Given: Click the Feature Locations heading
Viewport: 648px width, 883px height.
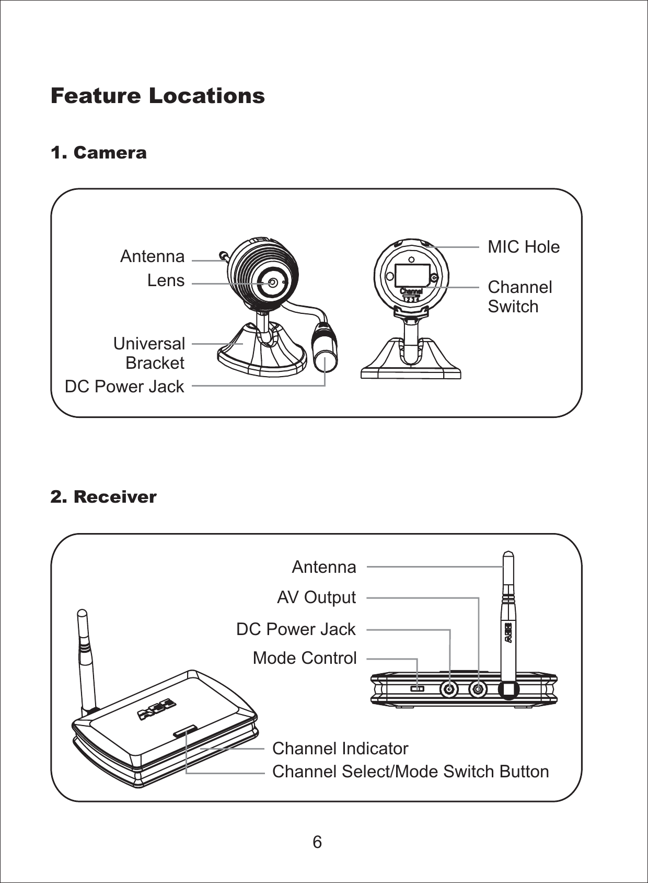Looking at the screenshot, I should click(157, 96).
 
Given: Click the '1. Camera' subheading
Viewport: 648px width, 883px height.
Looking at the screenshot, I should click(98, 153).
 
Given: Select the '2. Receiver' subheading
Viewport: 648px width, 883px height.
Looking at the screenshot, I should click(103, 496).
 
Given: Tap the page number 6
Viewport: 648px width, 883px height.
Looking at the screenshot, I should click(317, 842).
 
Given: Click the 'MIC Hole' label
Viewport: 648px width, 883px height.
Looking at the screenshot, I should click(523, 246).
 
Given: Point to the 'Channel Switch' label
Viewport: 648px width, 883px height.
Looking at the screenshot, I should click(519, 296).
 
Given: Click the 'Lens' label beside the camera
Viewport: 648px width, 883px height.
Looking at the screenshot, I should click(166, 280).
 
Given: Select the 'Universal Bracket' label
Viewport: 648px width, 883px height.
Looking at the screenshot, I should click(150, 353).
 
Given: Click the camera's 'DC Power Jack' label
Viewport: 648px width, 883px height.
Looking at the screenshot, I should click(124, 386).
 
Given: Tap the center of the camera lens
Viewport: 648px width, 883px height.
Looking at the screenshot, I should click(273, 282).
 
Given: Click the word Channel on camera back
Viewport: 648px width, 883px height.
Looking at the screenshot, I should click(411, 291).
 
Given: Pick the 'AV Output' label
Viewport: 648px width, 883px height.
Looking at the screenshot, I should click(316, 597).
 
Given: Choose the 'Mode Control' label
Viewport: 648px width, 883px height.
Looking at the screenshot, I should click(305, 658).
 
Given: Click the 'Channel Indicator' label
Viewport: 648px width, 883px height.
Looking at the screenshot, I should click(340, 748).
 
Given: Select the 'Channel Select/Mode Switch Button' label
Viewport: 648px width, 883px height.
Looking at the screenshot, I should click(410, 771).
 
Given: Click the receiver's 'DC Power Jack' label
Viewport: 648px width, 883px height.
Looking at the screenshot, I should click(296, 629).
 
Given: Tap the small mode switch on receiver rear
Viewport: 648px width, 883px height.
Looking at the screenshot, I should click(417, 688).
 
